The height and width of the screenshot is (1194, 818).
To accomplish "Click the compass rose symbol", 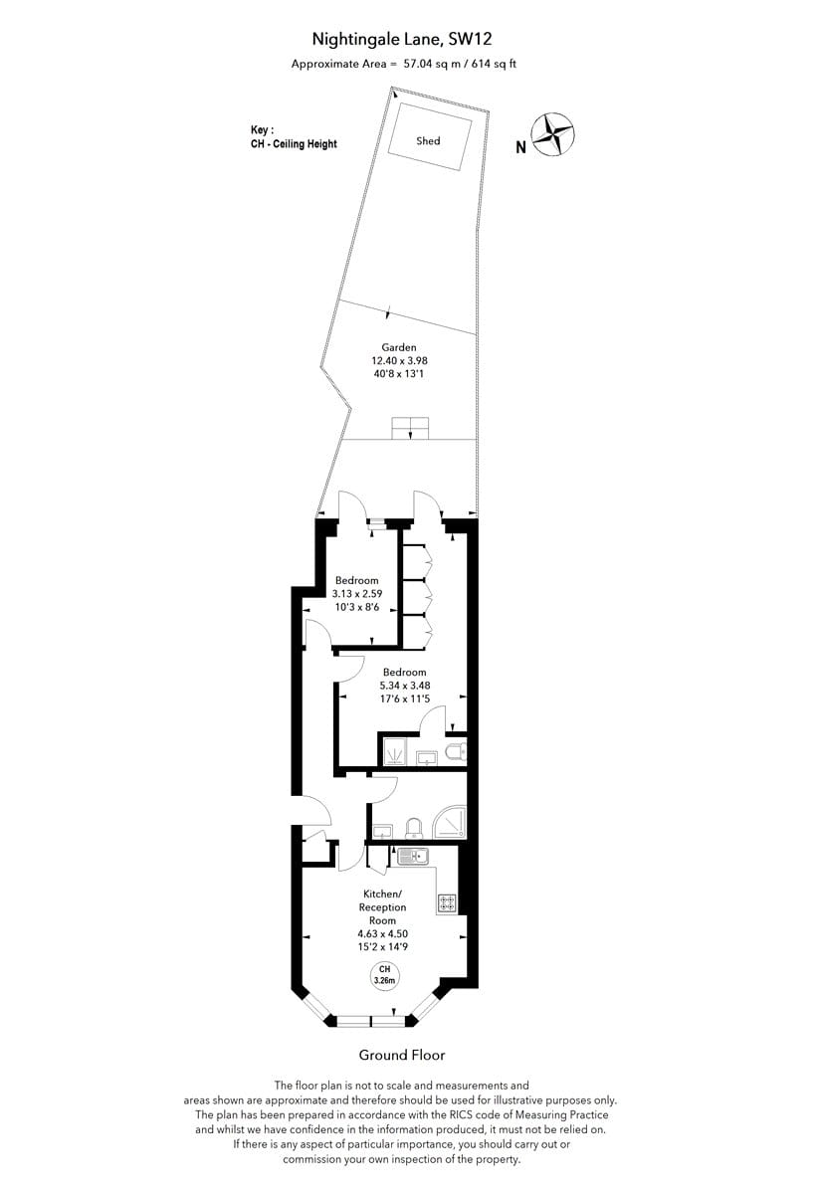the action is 553,135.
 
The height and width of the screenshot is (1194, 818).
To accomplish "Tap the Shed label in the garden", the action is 428,140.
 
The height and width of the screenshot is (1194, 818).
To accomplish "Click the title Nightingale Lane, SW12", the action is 402,39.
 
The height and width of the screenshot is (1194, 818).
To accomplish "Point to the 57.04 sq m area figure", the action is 426,64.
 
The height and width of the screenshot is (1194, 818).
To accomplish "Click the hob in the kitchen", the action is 447,903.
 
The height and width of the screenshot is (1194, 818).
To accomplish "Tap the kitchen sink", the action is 413,857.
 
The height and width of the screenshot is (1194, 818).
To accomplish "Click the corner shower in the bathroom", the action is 450,821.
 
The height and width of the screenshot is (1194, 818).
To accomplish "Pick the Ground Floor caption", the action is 402,1055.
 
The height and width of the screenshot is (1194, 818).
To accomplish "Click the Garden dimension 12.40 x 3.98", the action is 400,361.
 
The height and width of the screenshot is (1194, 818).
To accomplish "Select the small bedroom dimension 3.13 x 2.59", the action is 357,594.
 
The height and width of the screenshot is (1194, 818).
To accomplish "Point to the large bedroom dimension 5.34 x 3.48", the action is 405,686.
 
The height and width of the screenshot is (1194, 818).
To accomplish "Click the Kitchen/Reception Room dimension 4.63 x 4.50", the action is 383,934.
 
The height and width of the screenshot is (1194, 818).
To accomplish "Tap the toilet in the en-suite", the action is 456,752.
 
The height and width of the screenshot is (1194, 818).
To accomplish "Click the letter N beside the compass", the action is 521,147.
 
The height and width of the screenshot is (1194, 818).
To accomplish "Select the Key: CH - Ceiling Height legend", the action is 294,137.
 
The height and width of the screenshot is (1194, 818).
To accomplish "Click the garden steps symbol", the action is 410,429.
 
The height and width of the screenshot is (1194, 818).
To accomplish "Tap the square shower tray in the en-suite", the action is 394,751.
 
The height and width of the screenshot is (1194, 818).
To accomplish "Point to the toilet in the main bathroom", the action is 414,828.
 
